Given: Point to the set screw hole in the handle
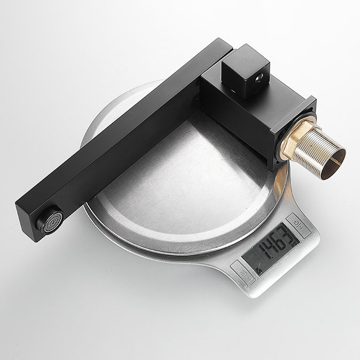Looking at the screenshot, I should point(260,77).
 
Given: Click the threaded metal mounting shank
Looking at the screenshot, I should point(315,149).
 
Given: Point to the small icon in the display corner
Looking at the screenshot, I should point(258,270).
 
